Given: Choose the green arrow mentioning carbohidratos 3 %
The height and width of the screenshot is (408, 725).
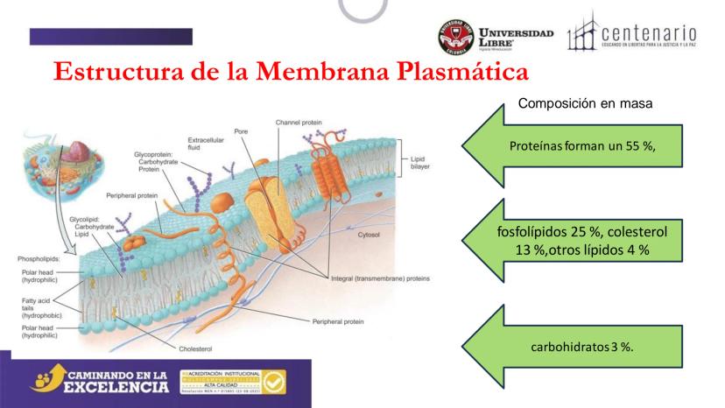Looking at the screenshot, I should click(582, 346).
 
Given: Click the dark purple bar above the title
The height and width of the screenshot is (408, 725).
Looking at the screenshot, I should click(110, 36).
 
